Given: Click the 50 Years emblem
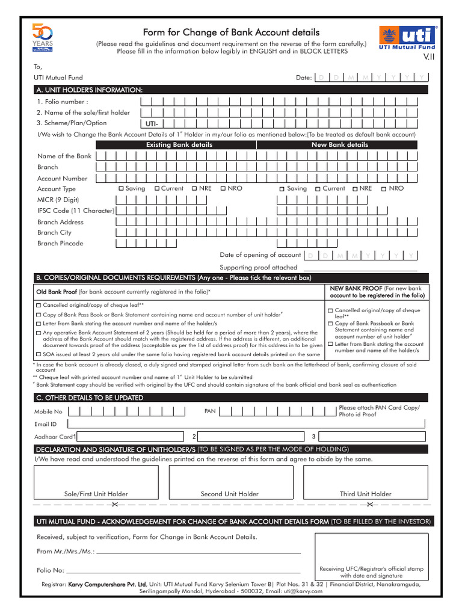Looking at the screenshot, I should (43, 39).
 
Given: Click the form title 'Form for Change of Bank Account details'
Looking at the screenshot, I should (231, 32).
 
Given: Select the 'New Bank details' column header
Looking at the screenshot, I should (339, 145).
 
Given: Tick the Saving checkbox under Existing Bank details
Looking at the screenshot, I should (121, 189).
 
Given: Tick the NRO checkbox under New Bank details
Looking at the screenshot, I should (383, 189).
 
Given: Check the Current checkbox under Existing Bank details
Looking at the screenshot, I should (157, 189).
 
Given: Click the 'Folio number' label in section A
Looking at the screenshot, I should (63, 102).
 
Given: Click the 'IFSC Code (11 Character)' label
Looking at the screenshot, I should (76, 211).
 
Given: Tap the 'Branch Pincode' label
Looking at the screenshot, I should (60, 244).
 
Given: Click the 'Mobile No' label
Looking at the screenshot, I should (48, 412).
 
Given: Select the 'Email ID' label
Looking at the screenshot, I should (46, 424).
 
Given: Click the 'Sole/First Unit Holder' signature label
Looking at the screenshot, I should (96, 494).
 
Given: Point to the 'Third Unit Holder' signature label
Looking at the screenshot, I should (365, 494).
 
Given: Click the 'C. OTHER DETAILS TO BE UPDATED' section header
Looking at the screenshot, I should (90, 398).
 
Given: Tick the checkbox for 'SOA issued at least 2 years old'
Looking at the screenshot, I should (38, 354).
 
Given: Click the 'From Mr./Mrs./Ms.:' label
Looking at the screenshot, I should (65, 551).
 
